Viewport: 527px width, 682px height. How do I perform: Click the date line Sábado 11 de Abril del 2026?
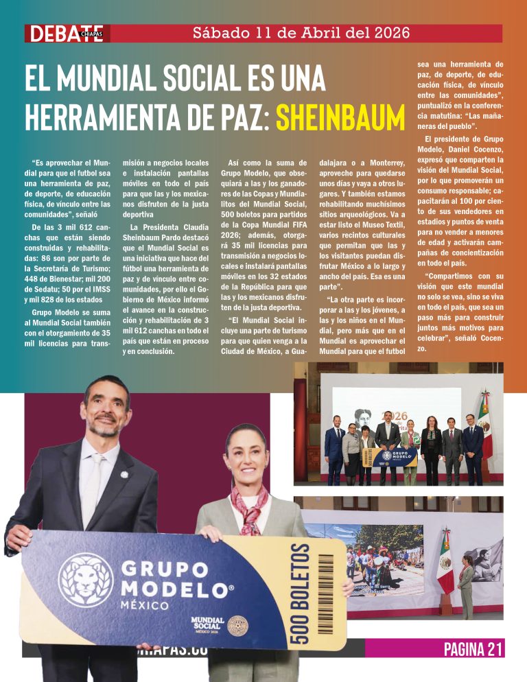(x=301, y=32)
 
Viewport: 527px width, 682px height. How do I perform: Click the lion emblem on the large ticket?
(x=86, y=580)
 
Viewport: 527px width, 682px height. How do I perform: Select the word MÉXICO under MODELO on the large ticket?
(x=143, y=606)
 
